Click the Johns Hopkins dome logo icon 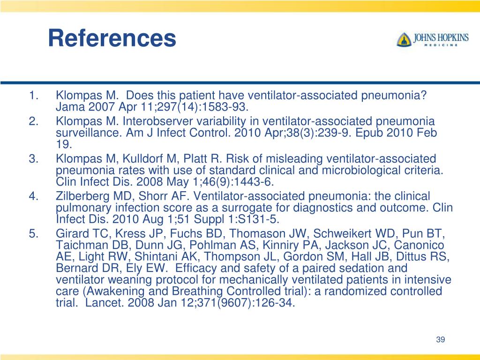tap(403, 39)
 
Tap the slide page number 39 tap(440, 340)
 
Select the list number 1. tap(33, 96)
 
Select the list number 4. tap(33, 196)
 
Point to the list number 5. tap(33, 233)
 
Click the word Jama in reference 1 tap(68, 107)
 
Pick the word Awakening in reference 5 tap(101, 292)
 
